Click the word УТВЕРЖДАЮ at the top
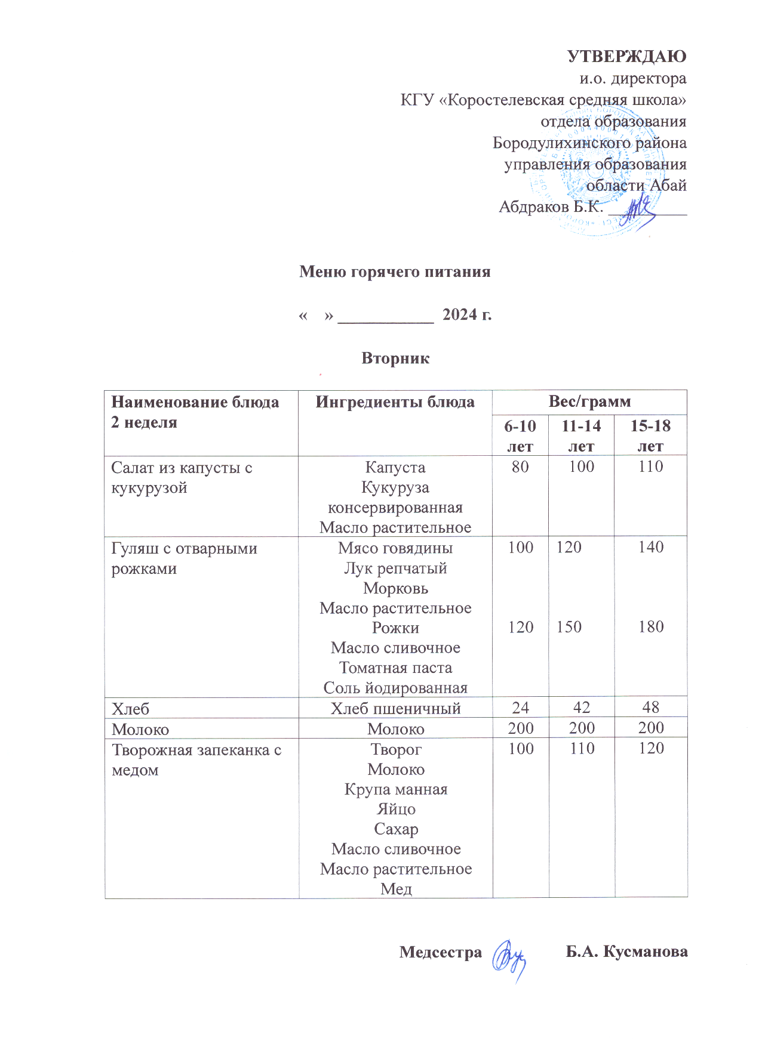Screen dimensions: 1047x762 point(626,57)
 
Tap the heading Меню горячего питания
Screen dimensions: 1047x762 point(395,272)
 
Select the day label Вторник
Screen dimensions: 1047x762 point(395,358)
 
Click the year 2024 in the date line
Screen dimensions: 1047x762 point(459,314)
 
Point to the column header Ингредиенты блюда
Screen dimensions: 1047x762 point(395,402)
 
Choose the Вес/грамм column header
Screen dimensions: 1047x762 point(589,401)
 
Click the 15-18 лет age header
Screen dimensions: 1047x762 point(650,436)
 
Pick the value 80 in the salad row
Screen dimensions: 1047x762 point(520,467)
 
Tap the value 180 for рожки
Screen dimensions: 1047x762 point(650,627)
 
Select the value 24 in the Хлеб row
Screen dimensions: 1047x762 point(520,708)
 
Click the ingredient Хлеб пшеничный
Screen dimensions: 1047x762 point(395,708)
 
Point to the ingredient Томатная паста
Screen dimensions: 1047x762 point(395,668)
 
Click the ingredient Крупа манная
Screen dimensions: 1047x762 point(396,789)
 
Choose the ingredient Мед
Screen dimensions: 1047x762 point(396,889)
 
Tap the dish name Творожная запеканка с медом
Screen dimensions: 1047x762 point(196,759)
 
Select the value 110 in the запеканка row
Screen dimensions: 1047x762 point(582,748)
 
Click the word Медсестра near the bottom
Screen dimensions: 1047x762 point(440,952)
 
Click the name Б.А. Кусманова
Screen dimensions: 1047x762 point(626,952)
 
